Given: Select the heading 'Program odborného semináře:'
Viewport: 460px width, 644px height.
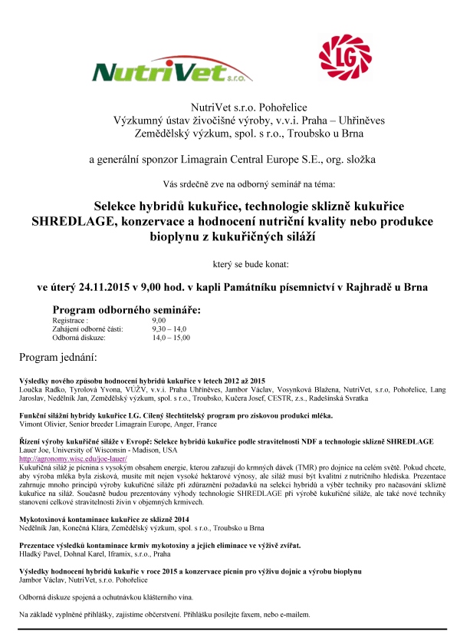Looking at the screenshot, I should click(x=126, y=309).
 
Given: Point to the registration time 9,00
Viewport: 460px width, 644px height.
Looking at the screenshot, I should click(x=159, y=320).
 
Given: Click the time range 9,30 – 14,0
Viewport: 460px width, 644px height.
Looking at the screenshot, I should click(x=169, y=329).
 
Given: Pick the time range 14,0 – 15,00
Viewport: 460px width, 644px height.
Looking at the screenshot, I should click(x=172, y=337).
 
